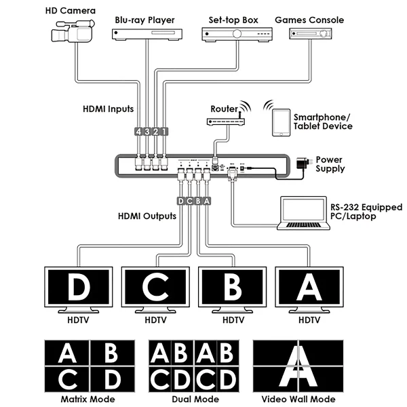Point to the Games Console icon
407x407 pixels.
point(308,34)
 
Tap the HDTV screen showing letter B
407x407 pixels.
point(233,288)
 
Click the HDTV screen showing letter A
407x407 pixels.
point(309,288)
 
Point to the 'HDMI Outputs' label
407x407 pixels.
point(147,217)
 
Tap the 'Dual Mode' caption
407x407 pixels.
point(196,400)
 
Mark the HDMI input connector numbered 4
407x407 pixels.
point(138,132)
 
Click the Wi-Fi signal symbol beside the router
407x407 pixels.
point(244,109)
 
